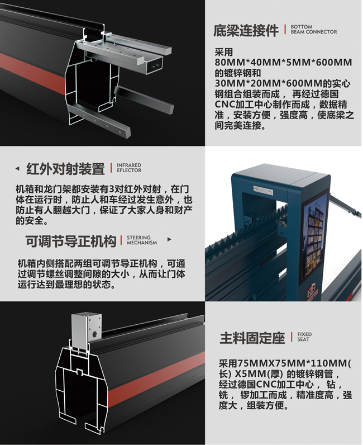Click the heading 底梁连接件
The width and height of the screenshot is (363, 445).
tap(246, 30)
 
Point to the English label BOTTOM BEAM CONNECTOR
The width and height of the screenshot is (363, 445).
tap(313, 29)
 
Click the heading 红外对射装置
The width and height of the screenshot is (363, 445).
tap(65, 168)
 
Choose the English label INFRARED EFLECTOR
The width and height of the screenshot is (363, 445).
tap(129, 168)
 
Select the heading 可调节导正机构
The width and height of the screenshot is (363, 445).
tap(71, 241)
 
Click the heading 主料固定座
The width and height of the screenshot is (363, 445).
tap(252, 338)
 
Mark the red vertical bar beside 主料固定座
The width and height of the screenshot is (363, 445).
tap(291, 337)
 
